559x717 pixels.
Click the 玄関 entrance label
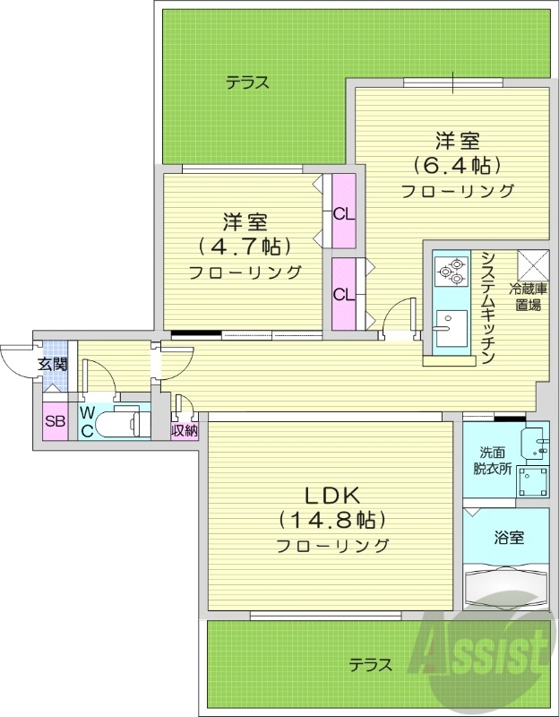coord(52,364)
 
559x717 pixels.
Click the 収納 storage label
coord(185,431)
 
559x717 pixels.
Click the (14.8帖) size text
coord(331,519)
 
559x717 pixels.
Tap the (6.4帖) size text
coord(457,165)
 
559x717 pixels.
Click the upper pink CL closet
coord(342,213)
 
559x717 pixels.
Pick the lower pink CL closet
coord(342,294)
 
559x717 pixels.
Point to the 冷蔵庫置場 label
coord(529,297)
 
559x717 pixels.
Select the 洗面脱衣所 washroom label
coord(492,460)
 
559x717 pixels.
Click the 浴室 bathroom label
coord(509,538)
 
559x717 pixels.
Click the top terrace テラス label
coord(247,82)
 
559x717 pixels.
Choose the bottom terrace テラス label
coord(370,665)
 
